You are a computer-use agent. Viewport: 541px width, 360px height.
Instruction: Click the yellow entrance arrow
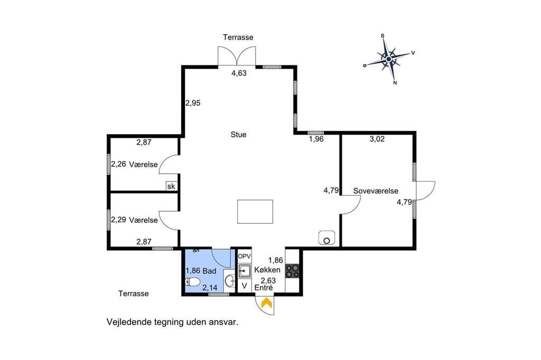267,303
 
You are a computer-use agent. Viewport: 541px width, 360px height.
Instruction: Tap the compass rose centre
389,59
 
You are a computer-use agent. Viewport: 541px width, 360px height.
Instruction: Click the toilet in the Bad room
193,282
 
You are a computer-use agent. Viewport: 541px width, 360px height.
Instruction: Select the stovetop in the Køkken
292,271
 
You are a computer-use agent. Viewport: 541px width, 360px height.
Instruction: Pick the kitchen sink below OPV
245,271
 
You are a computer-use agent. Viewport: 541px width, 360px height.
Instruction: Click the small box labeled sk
171,186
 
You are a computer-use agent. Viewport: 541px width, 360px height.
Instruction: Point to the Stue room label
238,135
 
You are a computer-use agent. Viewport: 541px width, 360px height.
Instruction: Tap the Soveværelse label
376,191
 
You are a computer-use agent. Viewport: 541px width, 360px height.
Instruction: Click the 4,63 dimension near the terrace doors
239,73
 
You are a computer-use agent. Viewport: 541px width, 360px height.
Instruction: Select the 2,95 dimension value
193,103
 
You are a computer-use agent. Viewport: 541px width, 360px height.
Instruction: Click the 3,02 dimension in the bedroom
377,139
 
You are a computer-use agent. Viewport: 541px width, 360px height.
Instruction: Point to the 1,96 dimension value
316,139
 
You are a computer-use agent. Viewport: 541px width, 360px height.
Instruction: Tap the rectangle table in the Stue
255,211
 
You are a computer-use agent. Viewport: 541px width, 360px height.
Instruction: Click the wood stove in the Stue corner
327,238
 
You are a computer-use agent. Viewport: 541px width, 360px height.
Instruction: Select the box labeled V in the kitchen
245,286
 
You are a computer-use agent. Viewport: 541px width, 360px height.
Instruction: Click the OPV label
244,257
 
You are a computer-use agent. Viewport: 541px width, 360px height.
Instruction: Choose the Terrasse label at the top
238,37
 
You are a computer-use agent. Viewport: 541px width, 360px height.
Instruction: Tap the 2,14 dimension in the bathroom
210,288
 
